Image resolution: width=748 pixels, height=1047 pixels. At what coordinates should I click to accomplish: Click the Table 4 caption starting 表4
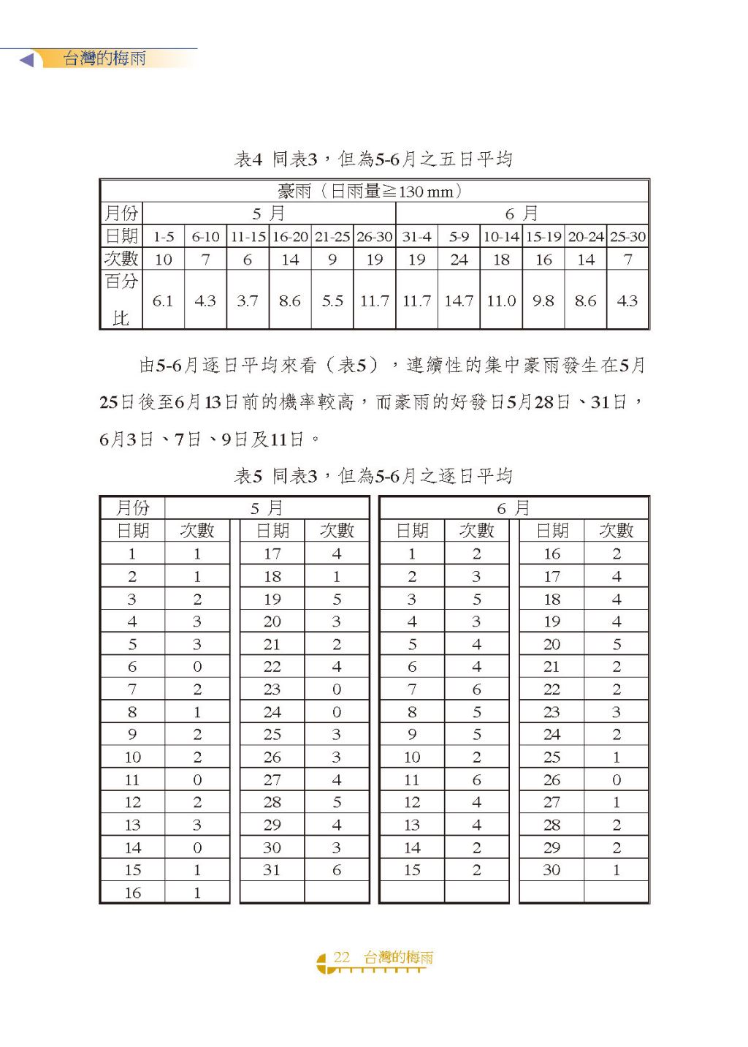click(x=373, y=159)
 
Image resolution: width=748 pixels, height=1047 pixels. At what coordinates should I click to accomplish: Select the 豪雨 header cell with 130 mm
click(x=373, y=192)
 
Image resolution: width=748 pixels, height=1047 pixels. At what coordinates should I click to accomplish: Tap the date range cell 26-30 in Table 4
click(x=374, y=237)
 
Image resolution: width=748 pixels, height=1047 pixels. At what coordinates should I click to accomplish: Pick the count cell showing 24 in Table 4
click(x=459, y=260)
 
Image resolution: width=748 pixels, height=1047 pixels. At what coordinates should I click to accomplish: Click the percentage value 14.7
click(x=459, y=301)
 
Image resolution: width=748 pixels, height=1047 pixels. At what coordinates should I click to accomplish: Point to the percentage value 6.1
click(x=163, y=301)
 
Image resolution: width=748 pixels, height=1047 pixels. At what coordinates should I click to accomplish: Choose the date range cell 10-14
click(x=501, y=237)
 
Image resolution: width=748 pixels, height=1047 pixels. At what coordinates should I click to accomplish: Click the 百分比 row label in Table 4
click(x=121, y=299)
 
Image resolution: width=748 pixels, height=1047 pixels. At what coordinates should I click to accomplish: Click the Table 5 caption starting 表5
click(x=373, y=476)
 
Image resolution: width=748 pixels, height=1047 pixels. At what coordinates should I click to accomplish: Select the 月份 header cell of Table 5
click(x=132, y=507)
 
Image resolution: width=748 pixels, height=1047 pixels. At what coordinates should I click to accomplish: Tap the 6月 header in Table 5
click(x=514, y=507)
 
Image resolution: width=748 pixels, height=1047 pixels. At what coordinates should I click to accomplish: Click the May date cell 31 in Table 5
click(x=272, y=870)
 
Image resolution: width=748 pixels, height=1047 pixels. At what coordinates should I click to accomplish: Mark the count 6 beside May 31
click(x=337, y=870)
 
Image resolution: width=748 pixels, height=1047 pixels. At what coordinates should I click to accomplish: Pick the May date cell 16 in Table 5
click(x=132, y=893)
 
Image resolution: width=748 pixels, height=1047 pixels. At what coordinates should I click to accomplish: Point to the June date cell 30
click(x=552, y=870)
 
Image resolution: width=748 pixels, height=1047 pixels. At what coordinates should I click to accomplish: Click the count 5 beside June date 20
click(x=617, y=644)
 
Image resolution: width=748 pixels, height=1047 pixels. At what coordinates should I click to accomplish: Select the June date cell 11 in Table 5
click(x=412, y=780)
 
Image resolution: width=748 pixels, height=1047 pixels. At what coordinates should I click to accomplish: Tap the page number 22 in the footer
click(x=342, y=957)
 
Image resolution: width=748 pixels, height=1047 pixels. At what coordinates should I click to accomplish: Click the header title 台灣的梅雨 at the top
click(x=104, y=58)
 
